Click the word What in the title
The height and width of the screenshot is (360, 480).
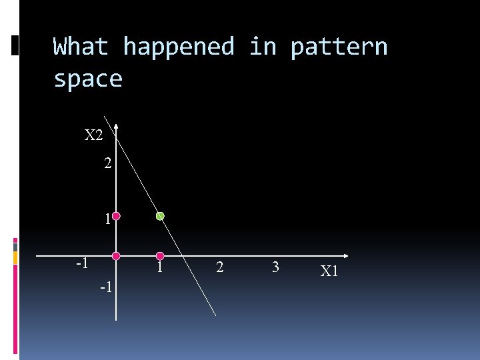pos(81,47)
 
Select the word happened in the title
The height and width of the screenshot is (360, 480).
pos(179,47)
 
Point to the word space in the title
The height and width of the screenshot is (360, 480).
pos(88,79)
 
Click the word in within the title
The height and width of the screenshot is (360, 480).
pos(263,47)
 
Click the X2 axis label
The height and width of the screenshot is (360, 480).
pos(94,135)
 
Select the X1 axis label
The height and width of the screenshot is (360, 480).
pos(329,271)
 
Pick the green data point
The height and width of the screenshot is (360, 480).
pos(160,216)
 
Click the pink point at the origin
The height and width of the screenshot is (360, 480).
pos(116,256)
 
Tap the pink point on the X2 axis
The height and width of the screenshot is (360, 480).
pos(116,216)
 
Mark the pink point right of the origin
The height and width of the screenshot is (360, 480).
pos(160,256)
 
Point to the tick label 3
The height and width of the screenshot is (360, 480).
pos(275,268)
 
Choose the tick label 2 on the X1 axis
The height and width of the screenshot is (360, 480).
pos(220,268)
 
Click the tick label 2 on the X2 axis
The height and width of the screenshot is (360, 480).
pos(108,163)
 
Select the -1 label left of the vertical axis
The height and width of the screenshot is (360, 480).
pos(83,263)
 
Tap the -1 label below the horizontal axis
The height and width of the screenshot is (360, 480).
pos(105,287)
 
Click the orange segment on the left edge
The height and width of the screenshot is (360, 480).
pos(15,257)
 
